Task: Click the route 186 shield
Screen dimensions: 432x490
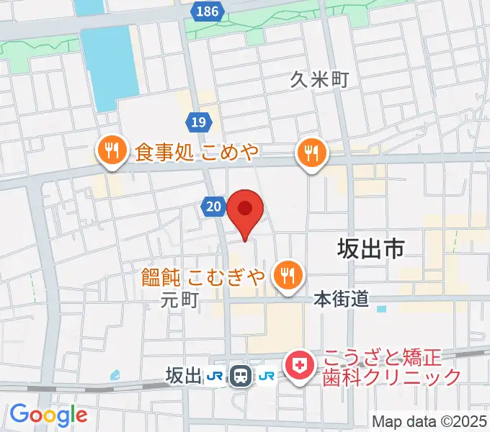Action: coord(208,11)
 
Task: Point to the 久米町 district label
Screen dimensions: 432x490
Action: coord(320,79)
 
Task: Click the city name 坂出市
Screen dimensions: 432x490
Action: coord(370,249)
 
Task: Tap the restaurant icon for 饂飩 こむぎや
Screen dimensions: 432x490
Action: coord(288,274)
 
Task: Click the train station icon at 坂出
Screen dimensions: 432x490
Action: coord(240,375)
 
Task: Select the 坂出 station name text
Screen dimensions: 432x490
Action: coord(183,375)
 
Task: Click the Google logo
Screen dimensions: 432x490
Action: coord(48,415)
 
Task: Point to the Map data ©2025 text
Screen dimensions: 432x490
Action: coord(430,420)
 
